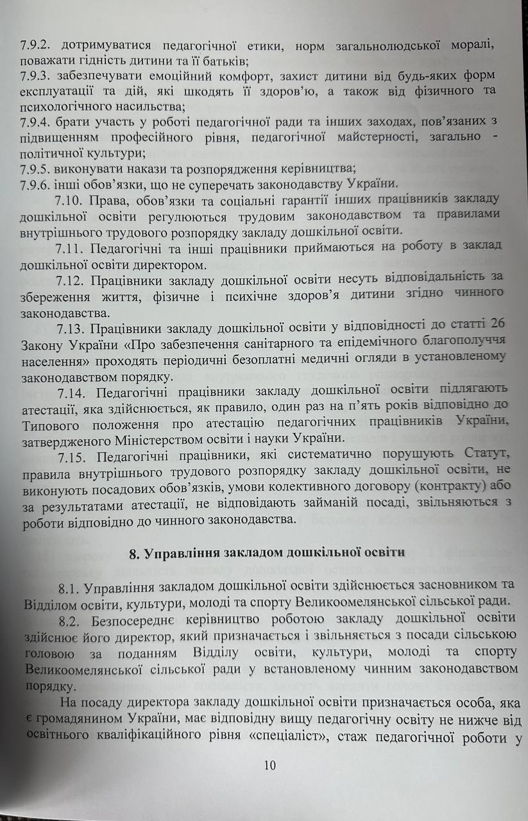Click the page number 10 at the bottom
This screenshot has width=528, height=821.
point(269,765)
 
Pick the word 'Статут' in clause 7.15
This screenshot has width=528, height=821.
point(485,455)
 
